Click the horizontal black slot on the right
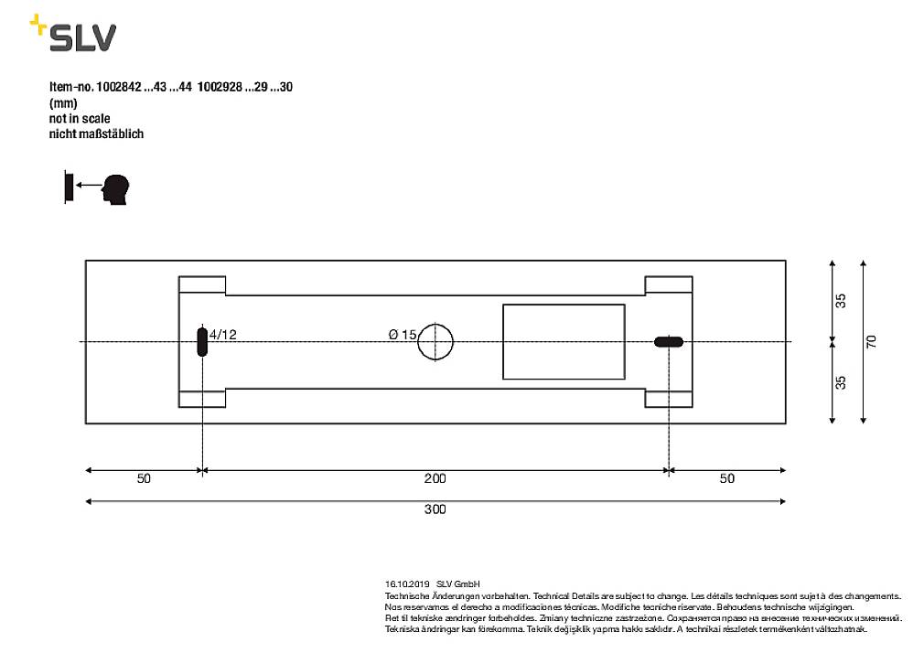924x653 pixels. [x=669, y=342]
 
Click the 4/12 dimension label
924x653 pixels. [x=223, y=335]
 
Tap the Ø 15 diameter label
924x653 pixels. [x=403, y=335]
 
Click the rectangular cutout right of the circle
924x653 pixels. [x=564, y=341]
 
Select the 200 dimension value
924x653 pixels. [x=435, y=478]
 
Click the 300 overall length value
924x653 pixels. [x=435, y=509]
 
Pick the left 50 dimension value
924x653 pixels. [x=144, y=478]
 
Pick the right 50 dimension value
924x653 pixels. [x=726, y=478]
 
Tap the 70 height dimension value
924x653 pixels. [x=871, y=341]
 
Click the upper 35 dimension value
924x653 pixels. [x=841, y=301]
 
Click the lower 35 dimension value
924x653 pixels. [x=841, y=381]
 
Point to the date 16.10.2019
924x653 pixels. [x=407, y=583]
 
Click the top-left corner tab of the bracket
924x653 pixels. [x=201, y=284]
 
